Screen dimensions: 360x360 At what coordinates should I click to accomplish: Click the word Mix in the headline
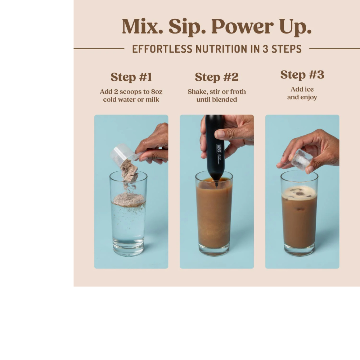pyautogui.click(x=142, y=27)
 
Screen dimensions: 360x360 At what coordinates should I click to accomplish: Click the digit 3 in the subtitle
pyautogui.click(x=265, y=49)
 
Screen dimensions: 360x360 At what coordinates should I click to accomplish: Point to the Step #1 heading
pyautogui.click(x=131, y=77)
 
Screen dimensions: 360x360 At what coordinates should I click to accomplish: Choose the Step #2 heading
pyautogui.click(x=217, y=77)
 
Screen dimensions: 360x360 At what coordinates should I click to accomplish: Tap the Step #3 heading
pyautogui.click(x=302, y=75)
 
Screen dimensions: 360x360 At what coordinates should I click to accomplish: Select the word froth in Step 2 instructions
pyautogui.click(x=238, y=92)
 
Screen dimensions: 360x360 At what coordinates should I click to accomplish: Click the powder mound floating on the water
pyautogui.click(x=129, y=199)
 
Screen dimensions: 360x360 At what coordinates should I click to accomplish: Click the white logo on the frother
pyautogui.click(x=218, y=148)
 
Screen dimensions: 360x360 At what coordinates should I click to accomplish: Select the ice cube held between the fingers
pyautogui.click(x=301, y=159)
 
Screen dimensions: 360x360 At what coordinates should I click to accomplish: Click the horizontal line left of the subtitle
pyautogui.click(x=99, y=48)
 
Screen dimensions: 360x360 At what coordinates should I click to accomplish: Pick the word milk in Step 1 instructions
pyautogui.click(x=152, y=99)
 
